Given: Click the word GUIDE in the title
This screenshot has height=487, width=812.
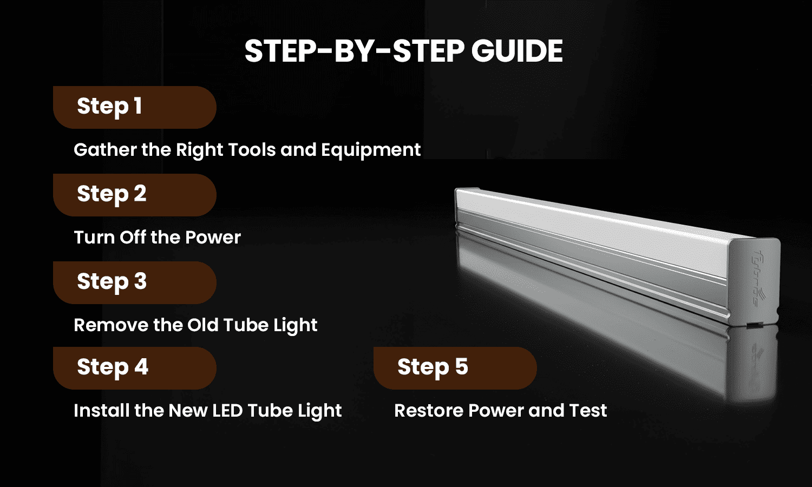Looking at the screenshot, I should (x=517, y=51).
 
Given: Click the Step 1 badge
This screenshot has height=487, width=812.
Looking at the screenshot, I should (x=134, y=107).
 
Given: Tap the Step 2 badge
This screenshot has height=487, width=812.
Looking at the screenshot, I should (x=134, y=195).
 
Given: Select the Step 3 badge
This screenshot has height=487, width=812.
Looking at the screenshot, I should (x=134, y=282).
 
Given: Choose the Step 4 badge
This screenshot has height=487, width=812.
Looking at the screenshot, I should (x=134, y=368).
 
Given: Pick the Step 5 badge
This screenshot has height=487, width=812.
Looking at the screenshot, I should (x=455, y=368).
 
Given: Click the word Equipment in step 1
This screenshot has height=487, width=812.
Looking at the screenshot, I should (x=371, y=150).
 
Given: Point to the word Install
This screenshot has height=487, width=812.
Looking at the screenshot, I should (x=101, y=411).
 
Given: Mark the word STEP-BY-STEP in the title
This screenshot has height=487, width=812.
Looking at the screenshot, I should (x=354, y=51).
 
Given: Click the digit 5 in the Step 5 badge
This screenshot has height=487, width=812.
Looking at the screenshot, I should (x=461, y=367).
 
